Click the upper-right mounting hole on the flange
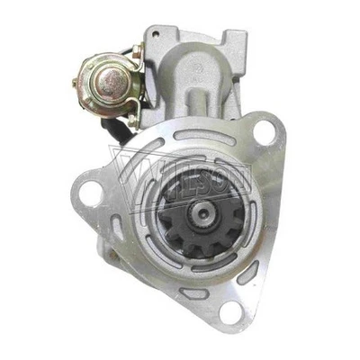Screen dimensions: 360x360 264,132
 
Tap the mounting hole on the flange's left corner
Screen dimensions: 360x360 90,193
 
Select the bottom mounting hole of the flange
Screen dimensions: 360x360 230,311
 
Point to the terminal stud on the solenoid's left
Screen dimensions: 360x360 76,83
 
